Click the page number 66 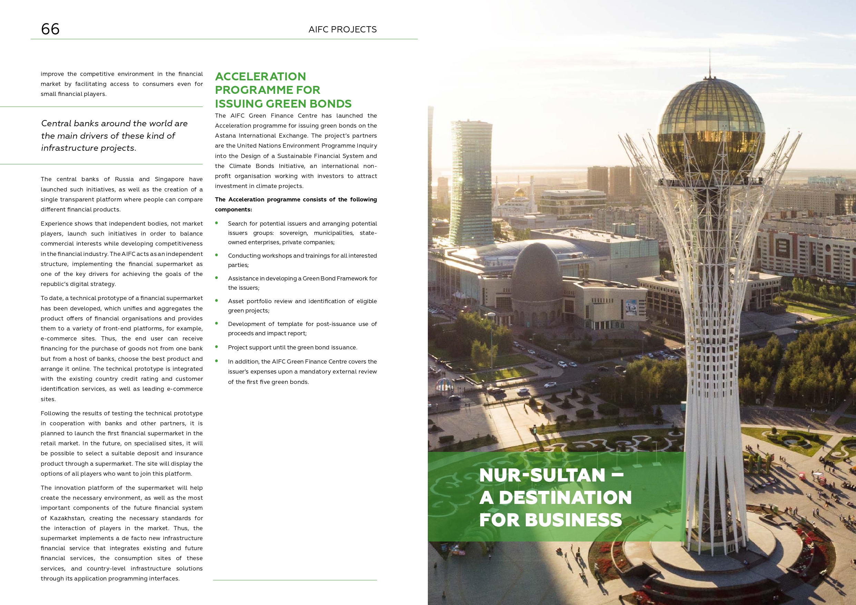50,29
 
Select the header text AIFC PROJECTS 342,29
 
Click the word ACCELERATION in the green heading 260,77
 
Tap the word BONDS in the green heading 327,103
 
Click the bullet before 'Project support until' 216,347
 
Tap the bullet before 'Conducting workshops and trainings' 216,255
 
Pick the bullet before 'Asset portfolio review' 216,301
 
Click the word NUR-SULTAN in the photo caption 542,475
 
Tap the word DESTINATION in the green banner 565,498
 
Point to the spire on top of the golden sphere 710,63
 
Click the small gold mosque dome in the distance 519,193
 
